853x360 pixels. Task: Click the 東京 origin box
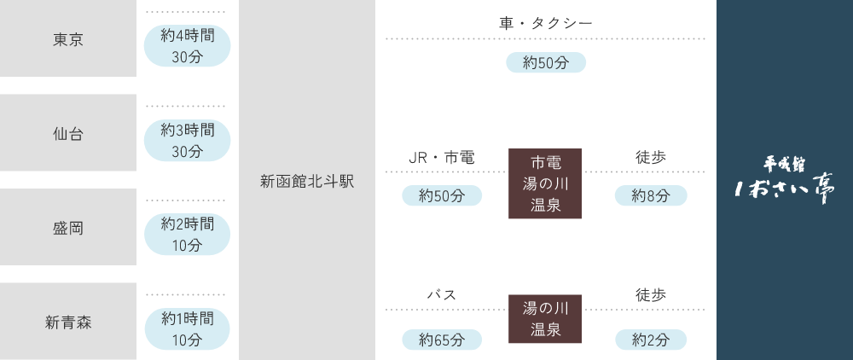point(68,39)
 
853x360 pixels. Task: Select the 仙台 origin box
point(68,133)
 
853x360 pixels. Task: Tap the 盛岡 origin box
point(68,228)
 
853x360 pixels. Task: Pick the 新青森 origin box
point(68,322)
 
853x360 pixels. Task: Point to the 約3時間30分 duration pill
point(187,141)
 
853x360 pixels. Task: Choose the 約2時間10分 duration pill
point(187,235)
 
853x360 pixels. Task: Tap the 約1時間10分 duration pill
point(187,328)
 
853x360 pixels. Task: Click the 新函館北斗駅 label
point(306,182)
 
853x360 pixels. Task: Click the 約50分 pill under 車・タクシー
point(546,62)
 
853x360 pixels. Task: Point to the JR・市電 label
point(441,157)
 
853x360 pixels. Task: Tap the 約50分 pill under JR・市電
point(441,195)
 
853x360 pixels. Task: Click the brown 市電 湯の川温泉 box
point(545,183)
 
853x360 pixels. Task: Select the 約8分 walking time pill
point(651,195)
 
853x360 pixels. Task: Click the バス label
point(441,294)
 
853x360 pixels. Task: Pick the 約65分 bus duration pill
point(441,340)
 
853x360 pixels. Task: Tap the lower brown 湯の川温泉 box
point(545,318)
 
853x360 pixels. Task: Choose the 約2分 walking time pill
point(651,340)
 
